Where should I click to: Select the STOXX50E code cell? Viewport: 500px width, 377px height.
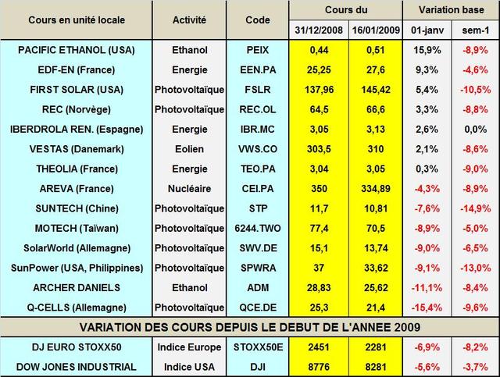tap(257, 346)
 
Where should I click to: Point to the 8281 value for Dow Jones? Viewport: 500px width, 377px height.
tap(371, 365)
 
